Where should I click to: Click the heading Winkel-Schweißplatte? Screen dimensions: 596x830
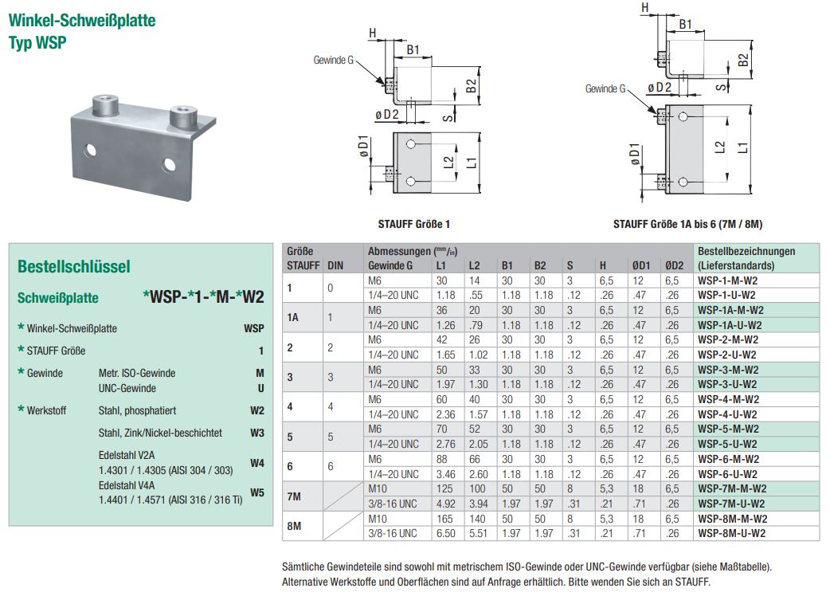pos(82,20)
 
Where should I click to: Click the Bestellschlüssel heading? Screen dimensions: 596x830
pos(73,267)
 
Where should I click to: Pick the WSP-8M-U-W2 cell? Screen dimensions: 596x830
pos(731,533)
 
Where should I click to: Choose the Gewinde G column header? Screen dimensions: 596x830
pos(390,265)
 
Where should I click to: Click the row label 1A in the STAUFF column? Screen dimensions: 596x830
pos(293,317)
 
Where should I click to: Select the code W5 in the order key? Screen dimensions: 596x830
pos(256,492)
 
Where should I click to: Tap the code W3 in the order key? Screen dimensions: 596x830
pos(256,433)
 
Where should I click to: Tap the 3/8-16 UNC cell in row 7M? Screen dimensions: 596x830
pos(393,504)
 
